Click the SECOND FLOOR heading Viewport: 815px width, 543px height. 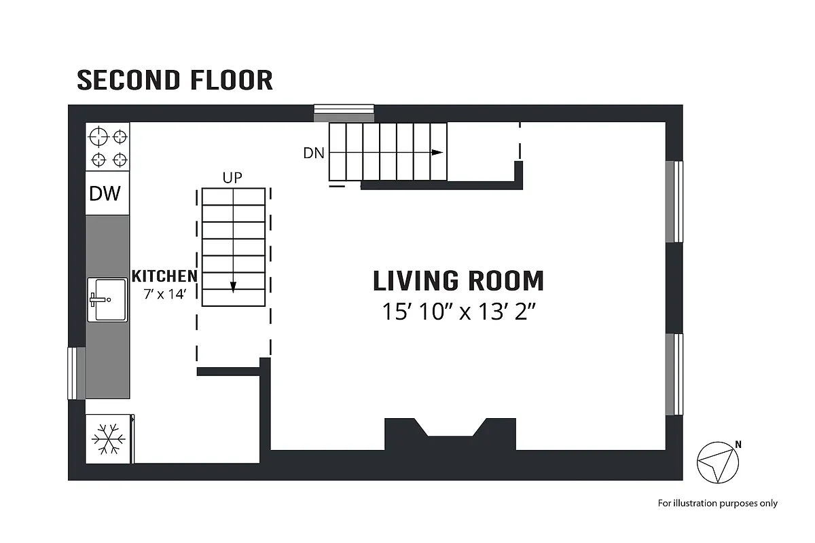175,80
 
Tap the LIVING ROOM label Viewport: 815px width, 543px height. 458,281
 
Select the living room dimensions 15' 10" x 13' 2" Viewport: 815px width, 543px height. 458,312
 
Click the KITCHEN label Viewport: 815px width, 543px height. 164,276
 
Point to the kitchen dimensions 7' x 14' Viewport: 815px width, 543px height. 164,295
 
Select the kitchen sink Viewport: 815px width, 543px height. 107,299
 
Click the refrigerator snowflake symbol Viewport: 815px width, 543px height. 108,439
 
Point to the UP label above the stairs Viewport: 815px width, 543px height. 233,178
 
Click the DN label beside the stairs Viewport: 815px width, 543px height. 314,153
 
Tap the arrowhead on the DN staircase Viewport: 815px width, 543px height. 437,153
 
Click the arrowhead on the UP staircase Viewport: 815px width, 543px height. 233,287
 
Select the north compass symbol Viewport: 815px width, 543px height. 717,462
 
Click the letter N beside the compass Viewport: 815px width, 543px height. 738,445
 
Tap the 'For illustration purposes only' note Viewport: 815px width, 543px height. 717,503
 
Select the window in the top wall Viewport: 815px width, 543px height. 344,113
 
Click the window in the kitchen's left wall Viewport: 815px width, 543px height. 76,373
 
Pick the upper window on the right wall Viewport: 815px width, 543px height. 674,202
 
